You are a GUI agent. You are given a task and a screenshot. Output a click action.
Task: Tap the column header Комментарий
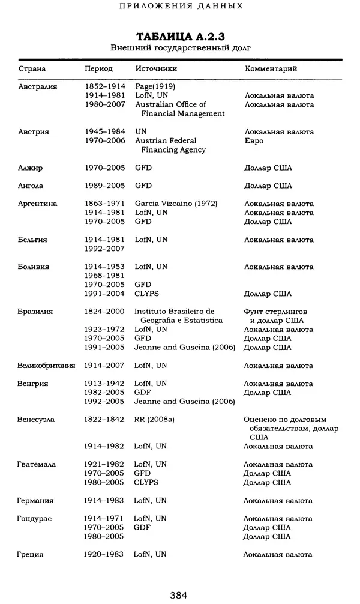(271, 69)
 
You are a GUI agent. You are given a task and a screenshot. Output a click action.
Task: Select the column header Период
(98, 69)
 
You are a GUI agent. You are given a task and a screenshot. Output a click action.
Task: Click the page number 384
(179, 595)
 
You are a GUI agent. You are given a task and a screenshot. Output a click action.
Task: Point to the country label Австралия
(37, 86)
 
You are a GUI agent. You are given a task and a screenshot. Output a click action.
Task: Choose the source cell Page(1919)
(155, 86)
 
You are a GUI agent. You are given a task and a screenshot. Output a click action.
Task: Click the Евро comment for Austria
(254, 141)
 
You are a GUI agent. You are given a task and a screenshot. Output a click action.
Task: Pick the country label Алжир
(30, 168)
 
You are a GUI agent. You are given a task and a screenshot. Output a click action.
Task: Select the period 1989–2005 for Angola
(104, 186)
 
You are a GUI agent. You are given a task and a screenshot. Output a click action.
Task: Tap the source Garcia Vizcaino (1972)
(176, 204)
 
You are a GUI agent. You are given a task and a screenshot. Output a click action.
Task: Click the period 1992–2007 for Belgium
(104, 249)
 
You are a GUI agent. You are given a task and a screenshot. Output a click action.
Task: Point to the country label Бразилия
(35, 312)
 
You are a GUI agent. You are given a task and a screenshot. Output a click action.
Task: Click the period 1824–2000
(104, 312)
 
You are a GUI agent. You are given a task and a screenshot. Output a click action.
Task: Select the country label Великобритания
(46, 366)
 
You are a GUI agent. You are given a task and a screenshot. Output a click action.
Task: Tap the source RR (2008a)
(154, 420)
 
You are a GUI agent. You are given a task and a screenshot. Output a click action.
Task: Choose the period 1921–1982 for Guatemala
(104, 465)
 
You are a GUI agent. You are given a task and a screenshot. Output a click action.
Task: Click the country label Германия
(35, 501)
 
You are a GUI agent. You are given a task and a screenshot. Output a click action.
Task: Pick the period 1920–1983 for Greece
(104, 555)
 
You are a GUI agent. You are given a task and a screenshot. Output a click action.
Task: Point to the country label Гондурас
(35, 519)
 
